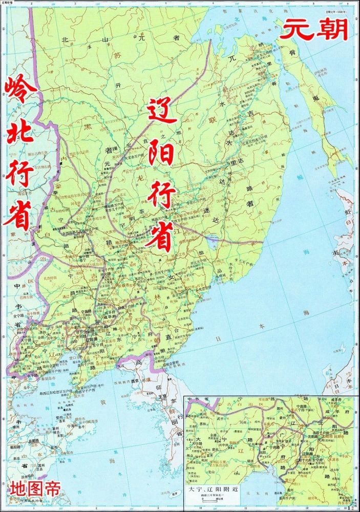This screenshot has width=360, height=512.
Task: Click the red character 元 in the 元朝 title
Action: click(x=295, y=30)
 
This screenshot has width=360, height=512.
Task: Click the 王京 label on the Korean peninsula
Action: click(x=163, y=396)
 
